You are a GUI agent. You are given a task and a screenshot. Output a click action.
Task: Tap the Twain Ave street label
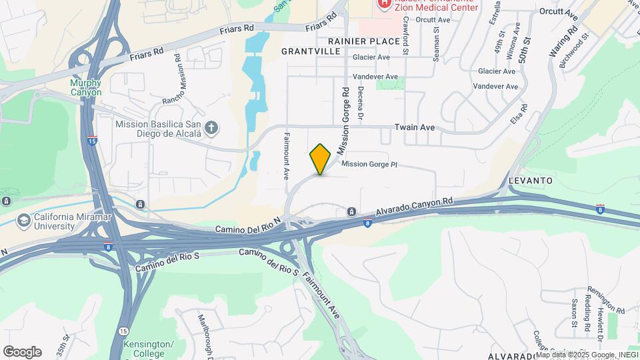click(x=414, y=127)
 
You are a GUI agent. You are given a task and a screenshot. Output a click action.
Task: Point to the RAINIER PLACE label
click(x=373, y=41)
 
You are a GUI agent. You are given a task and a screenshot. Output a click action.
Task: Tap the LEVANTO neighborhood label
click(x=530, y=181)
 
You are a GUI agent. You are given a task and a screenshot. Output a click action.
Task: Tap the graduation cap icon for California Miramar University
click(x=24, y=220)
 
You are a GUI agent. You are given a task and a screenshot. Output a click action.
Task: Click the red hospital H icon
click(x=384, y=4)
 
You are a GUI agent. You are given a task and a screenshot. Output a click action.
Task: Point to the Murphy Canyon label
click(x=86, y=87)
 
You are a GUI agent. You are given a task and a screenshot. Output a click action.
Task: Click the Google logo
click(x=22, y=352)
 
